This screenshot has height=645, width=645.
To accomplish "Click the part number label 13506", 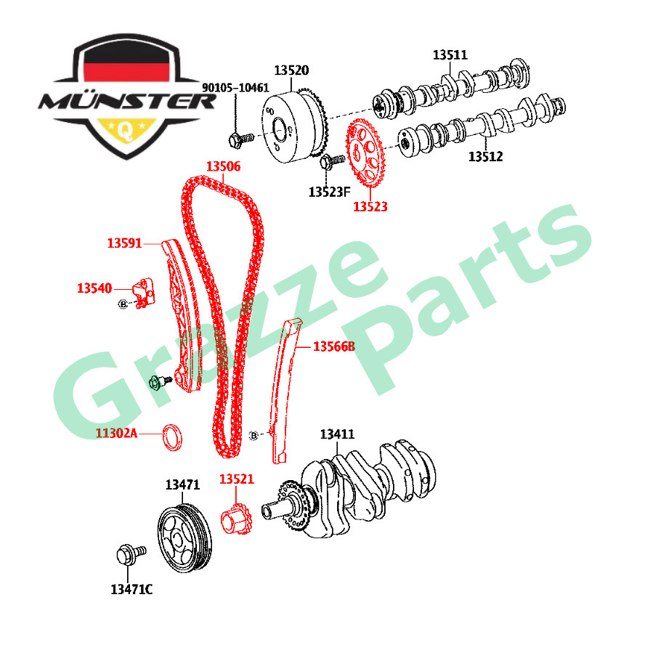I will point(222,166).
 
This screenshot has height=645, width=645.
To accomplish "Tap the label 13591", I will point(124,243).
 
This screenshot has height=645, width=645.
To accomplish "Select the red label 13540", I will point(94,288).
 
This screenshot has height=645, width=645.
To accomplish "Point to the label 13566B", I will point(333,346).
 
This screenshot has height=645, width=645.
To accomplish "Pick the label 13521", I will point(237,479).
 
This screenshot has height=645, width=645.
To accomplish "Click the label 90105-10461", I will point(235,87).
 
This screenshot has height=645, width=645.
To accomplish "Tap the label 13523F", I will point(329,192).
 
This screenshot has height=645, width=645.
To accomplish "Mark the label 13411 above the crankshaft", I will point(337,434).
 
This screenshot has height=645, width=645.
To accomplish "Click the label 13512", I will point(485,155).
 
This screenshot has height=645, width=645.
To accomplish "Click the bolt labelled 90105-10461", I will point(238,137).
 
